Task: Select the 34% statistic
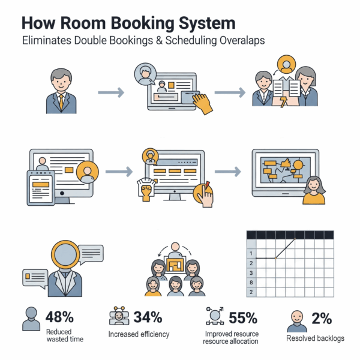pos(148,317)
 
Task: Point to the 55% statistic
pos(242,317)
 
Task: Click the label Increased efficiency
pos(139,334)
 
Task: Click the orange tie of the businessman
pos(61,101)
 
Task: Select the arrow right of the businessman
pos(111,92)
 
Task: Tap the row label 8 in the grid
pos(251,282)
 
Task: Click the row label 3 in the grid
pos(251,272)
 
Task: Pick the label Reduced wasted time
pos(65,335)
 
